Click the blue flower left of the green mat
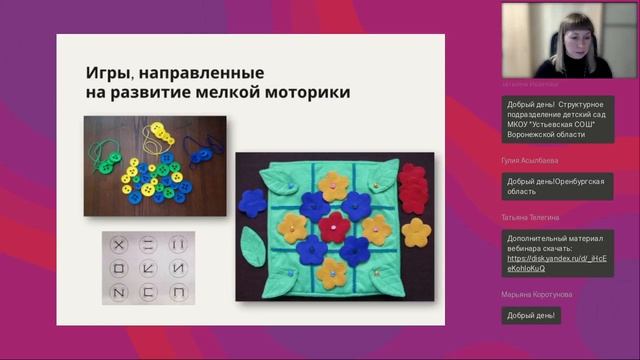tap(252, 201)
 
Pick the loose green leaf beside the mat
tap(253, 246)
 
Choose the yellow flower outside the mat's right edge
tap(415, 233)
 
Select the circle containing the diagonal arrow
tap(149, 268)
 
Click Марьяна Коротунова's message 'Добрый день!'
tap(533, 315)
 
